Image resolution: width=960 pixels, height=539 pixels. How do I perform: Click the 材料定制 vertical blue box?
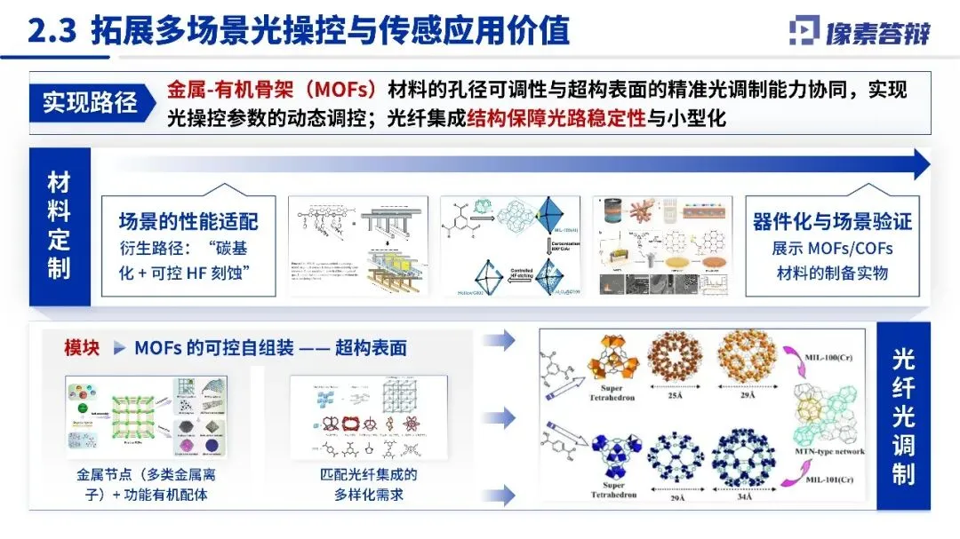(x=59, y=226)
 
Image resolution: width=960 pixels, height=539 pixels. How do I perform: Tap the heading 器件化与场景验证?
(x=831, y=221)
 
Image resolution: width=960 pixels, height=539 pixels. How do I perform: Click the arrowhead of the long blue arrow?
(x=922, y=164)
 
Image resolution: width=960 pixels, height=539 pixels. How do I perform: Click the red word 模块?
(x=82, y=348)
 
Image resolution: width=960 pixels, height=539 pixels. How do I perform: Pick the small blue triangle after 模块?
(x=119, y=348)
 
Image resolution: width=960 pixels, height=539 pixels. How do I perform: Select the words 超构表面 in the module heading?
(x=371, y=348)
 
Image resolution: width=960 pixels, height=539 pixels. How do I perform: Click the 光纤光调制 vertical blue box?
(x=903, y=416)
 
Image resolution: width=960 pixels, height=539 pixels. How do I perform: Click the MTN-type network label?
(x=828, y=452)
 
